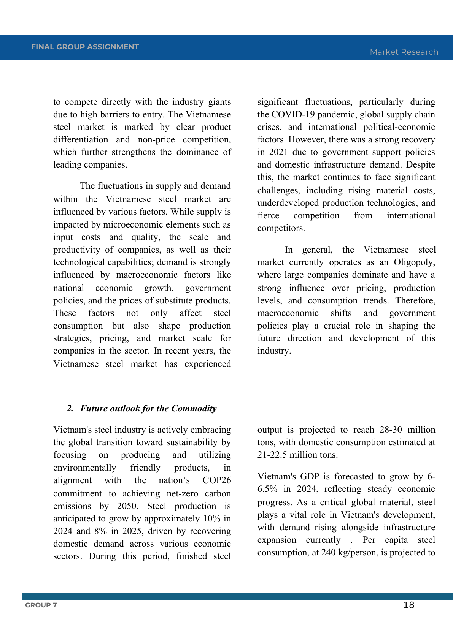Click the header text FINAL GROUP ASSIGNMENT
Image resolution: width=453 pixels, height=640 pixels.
85,47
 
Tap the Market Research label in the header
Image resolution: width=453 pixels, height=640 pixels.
404,52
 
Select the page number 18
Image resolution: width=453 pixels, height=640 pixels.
408,605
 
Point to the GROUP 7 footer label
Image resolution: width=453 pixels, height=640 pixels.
41,605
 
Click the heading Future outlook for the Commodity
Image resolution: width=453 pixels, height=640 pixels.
148,408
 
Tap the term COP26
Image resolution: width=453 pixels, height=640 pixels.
216,480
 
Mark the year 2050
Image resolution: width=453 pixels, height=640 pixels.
127,506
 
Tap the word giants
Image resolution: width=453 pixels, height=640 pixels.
219,102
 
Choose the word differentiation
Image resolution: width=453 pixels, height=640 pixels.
81,139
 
